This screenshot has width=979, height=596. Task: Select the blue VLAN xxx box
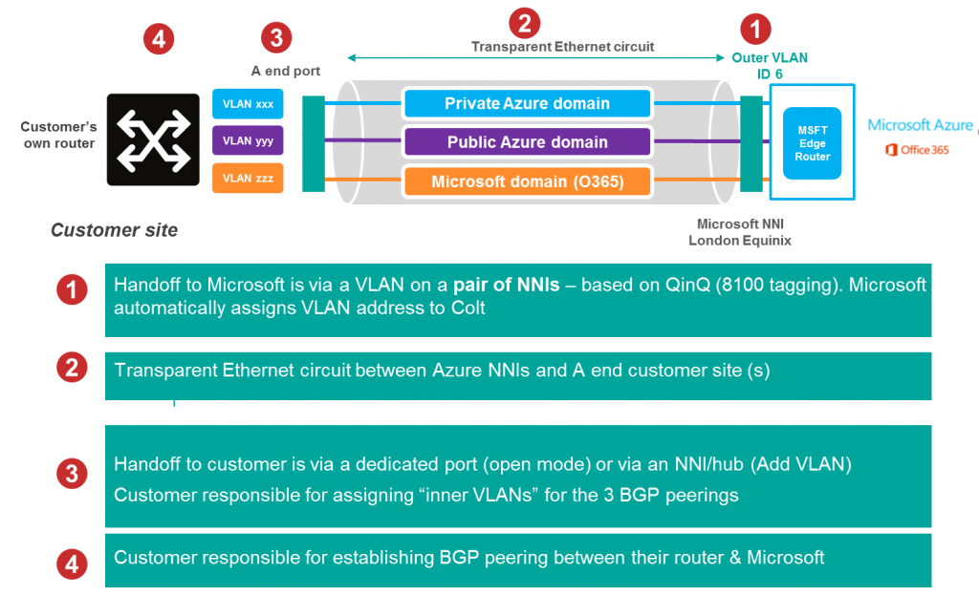247,104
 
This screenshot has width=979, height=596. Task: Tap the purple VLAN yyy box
247,141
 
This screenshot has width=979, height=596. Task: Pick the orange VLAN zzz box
247,179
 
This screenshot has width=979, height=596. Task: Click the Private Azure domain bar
527,103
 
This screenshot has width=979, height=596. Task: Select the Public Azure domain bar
527,142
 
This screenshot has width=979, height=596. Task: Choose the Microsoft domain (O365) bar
527,181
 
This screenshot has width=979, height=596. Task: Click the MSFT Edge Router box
812,142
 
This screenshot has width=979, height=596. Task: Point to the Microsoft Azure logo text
919,125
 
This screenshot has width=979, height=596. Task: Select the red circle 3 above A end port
276,38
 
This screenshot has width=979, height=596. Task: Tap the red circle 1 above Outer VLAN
756,29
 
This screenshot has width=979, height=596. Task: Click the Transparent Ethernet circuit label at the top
562,46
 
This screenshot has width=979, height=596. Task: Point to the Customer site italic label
114,230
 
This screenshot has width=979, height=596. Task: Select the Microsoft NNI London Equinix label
740,232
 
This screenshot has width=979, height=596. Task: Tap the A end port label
286,71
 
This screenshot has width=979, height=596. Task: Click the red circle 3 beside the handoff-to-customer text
72,474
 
